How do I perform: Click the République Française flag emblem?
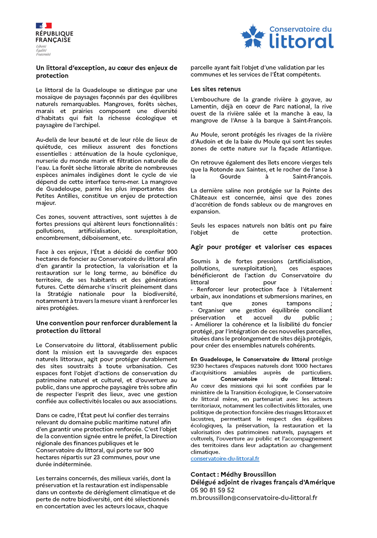coord(44,26)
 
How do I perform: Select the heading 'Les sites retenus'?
coord(215,89)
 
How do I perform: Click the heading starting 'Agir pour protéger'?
coord(261,247)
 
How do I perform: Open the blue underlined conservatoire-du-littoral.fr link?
coord(225,458)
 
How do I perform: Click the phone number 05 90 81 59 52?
coord(212,490)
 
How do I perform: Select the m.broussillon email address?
coord(254,498)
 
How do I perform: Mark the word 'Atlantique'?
coord(317,148)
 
